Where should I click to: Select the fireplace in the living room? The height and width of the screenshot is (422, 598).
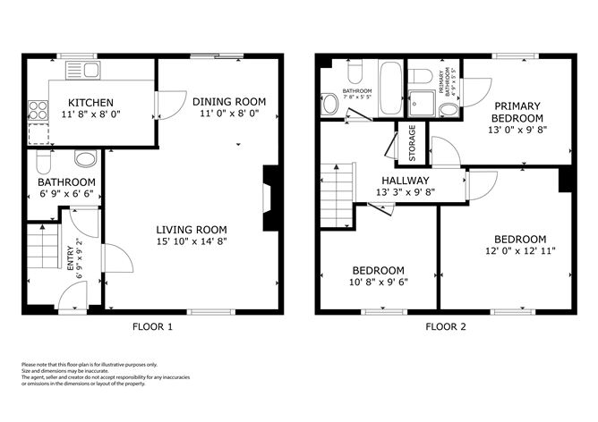point(270,200)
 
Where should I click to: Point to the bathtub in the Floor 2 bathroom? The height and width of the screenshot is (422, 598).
point(391,89)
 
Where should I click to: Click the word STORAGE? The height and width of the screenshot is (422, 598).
point(413,144)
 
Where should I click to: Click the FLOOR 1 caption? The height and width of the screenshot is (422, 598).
point(152,326)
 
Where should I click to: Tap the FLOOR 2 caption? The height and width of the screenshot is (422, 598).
point(445,326)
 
